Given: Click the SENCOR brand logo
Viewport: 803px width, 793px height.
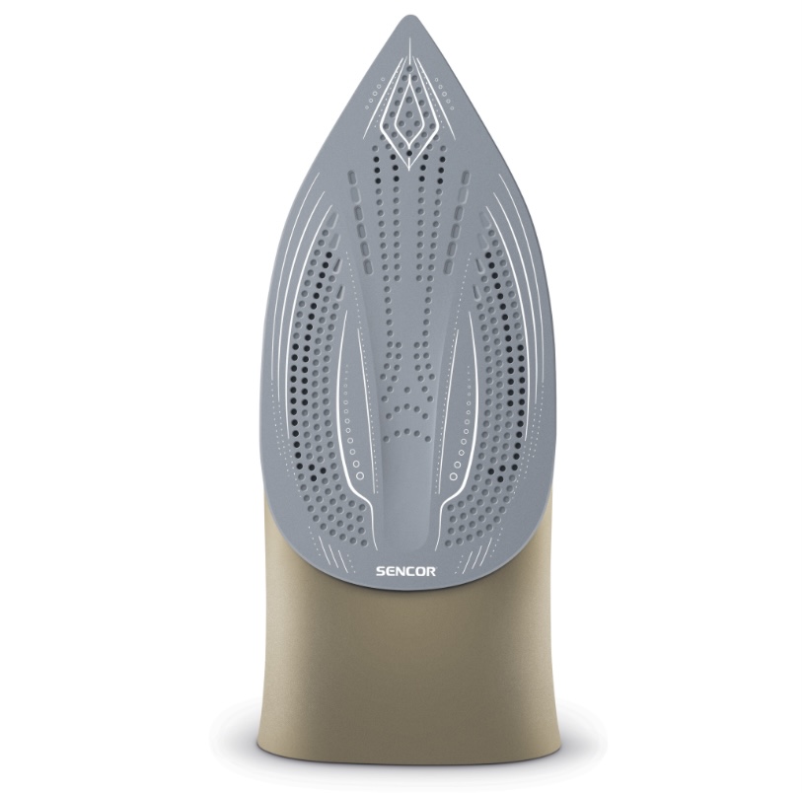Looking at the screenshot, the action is tap(405, 571).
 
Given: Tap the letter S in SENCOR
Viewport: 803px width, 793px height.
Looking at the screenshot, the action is tap(381, 571).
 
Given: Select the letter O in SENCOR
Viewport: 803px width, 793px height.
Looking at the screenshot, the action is tap(421, 571).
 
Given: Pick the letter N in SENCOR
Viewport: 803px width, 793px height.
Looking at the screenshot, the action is tap(400, 571).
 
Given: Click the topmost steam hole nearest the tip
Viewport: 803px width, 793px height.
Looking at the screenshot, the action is tap(408, 67).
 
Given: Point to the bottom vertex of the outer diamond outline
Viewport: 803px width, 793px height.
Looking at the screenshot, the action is tap(408, 169).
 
